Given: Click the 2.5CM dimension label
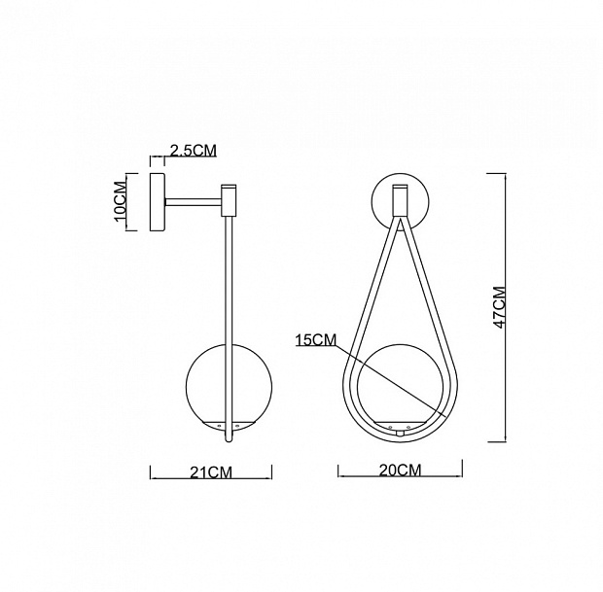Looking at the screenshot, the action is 194,151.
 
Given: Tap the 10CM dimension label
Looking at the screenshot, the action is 121,202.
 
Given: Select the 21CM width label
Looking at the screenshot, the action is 211,472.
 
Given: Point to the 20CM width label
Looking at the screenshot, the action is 401,470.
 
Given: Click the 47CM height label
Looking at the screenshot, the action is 500,307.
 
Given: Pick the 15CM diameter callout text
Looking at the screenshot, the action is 316,340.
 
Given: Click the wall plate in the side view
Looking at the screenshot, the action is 158,202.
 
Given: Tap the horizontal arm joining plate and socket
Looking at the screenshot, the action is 194,202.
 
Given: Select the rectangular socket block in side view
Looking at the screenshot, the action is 229,200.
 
